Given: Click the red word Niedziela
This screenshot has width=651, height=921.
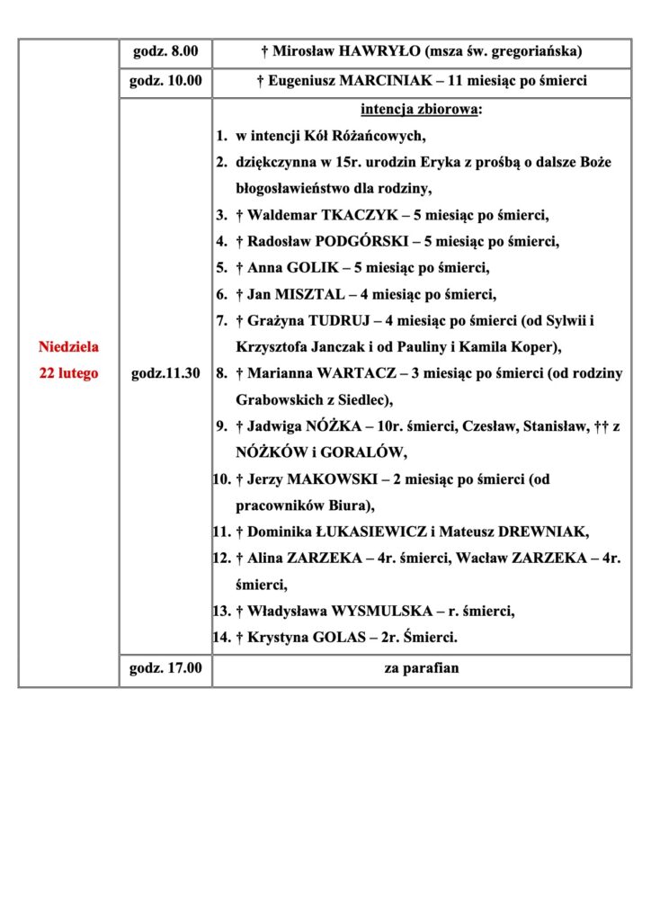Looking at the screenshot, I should click(x=69, y=346).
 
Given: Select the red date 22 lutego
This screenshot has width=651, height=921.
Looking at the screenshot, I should click(x=69, y=373).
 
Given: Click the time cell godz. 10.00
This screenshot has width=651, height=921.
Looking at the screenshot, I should click(x=165, y=81).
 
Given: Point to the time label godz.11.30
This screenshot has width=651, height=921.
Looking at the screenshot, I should click(x=165, y=373).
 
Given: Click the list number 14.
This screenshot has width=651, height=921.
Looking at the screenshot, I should click(x=221, y=638).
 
